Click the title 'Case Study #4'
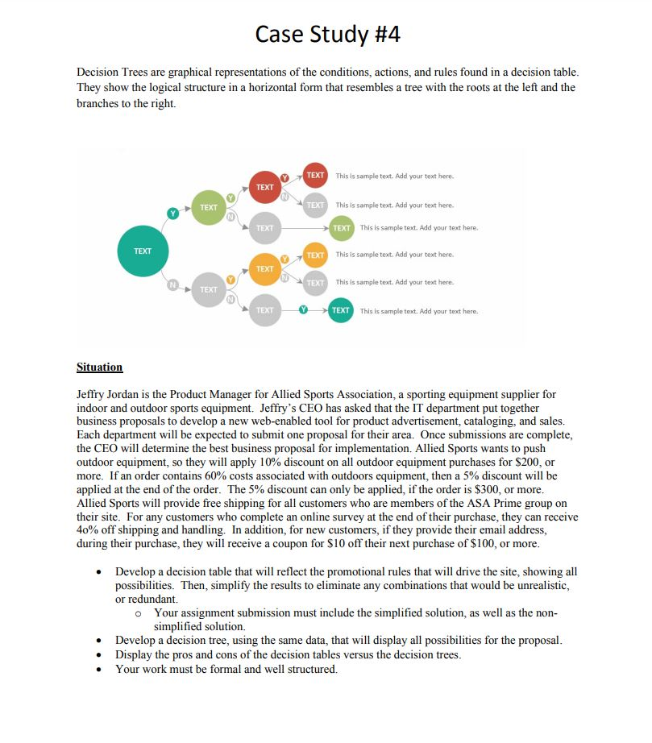point(326,35)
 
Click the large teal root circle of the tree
point(143,251)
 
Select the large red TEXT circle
point(265,187)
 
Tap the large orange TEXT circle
point(265,268)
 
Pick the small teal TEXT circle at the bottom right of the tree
point(341,310)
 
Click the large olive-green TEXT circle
point(209,207)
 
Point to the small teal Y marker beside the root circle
point(172,213)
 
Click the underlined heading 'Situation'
point(99,367)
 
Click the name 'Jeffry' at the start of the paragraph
point(91,395)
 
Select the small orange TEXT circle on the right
point(316,255)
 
